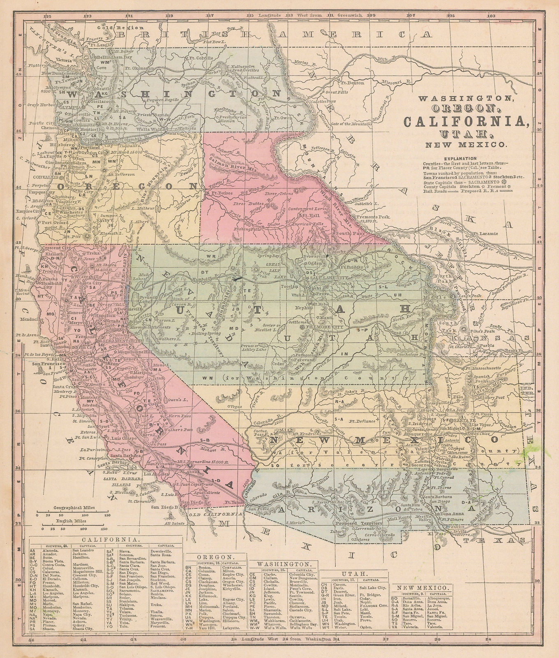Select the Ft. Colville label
(197, 58)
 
